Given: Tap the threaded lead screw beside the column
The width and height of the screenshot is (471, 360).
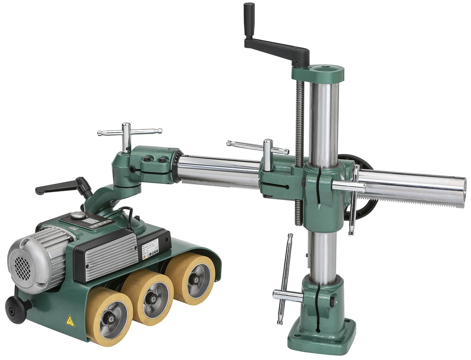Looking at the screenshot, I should [300, 118].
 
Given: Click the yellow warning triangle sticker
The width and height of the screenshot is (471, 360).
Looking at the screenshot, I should [70, 321].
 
